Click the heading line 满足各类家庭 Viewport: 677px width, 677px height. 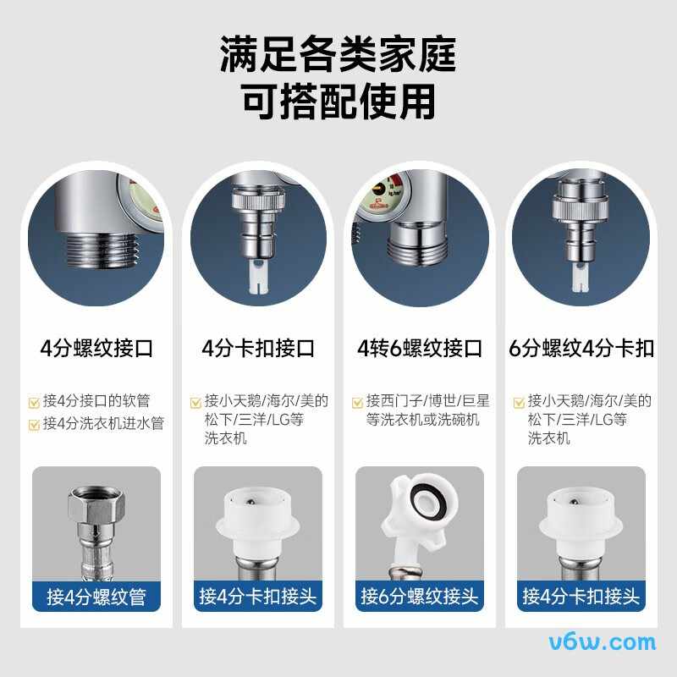coord(338,55)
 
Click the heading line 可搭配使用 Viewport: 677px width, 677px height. coord(338,102)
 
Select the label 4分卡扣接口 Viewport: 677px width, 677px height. coord(258,349)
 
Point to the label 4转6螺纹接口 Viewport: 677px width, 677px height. coord(420,349)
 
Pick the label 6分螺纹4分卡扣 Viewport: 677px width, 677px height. coord(582,349)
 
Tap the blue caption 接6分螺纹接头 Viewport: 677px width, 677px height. coord(420,597)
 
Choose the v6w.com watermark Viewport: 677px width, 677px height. coord(602,642)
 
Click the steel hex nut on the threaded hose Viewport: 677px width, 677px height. coord(95,505)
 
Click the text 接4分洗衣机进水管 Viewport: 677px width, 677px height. coord(102,423)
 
